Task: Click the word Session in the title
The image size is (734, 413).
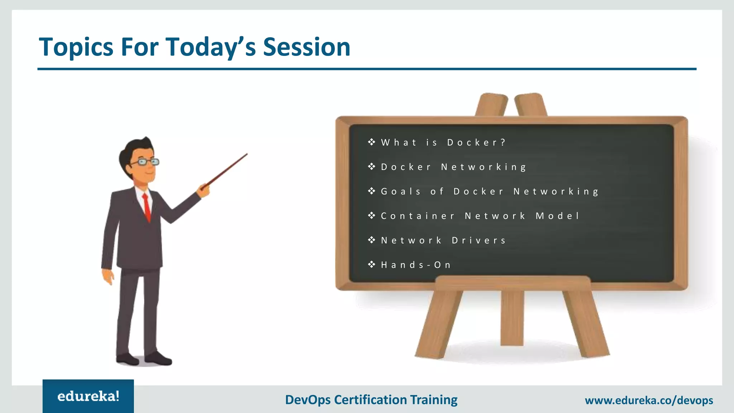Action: point(306,47)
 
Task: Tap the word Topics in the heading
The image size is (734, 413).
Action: point(76,48)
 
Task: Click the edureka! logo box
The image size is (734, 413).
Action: point(88,396)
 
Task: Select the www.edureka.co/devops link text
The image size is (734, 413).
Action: point(649,400)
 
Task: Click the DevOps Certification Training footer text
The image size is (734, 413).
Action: point(371,400)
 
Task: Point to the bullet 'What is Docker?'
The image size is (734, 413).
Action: point(443,142)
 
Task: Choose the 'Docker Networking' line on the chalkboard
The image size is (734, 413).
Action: point(453,167)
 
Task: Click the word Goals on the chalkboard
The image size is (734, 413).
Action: point(401,191)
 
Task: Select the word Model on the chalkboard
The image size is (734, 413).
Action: point(557,216)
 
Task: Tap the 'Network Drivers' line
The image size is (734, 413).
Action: point(443,240)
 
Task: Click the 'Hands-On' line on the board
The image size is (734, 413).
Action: point(416,265)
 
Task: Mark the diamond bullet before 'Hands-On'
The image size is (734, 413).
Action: point(372,265)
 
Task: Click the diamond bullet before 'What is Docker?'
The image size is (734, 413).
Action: point(372,142)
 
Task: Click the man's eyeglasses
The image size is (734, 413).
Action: point(146,162)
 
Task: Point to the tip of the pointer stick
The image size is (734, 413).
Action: point(247,155)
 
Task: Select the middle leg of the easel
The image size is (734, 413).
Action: point(512,317)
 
